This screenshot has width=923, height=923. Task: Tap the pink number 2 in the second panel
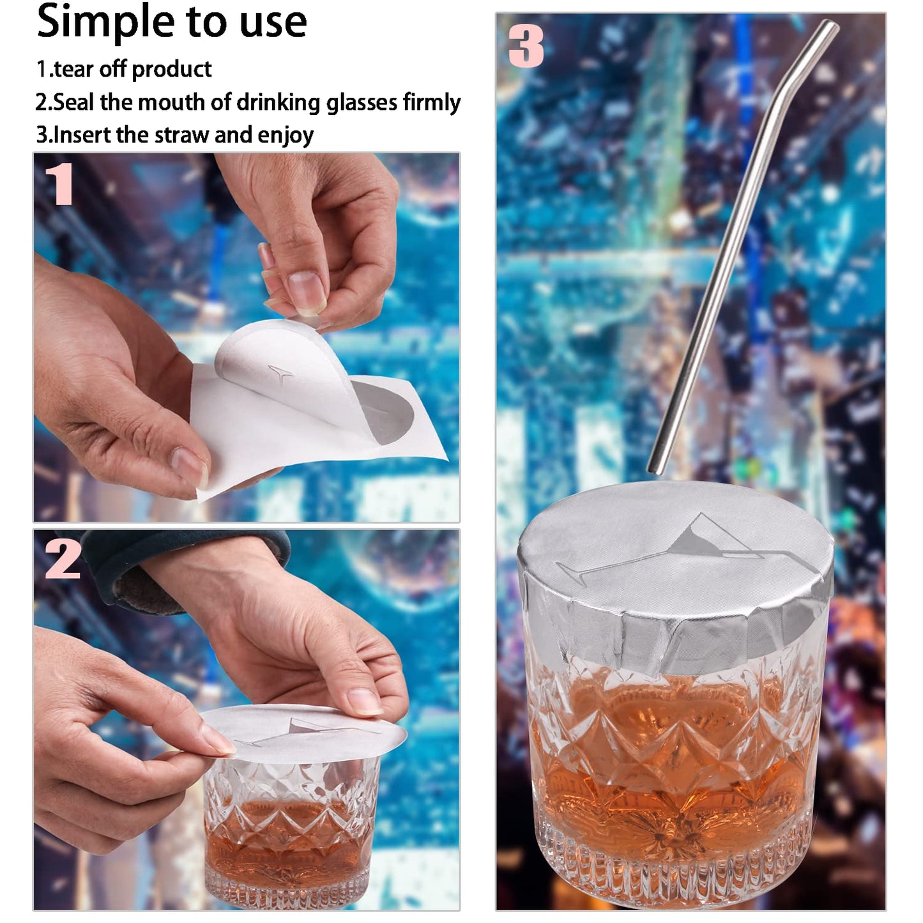pyautogui.click(x=62, y=558)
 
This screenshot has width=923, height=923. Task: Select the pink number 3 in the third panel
pyautogui.click(x=526, y=46)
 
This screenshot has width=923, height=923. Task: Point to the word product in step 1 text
pyautogui.click(x=171, y=70)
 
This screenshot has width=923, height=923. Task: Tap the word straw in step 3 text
pyautogui.click(x=182, y=135)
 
